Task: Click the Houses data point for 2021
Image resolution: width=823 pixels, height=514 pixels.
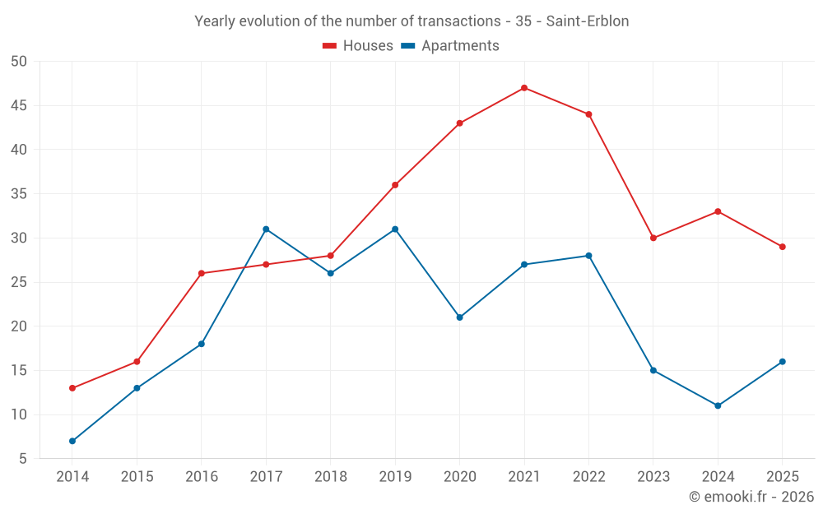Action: click(524, 88)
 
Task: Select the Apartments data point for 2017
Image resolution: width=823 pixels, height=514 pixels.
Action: click(266, 229)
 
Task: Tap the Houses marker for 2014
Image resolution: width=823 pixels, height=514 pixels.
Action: click(72, 388)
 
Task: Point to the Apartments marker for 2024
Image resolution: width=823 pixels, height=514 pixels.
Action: click(718, 406)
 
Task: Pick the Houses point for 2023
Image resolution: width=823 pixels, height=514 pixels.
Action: click(653, 238)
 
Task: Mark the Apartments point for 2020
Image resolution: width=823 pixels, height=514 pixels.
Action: click(460, 317)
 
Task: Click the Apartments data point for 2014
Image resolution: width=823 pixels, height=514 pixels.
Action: click(72, 441)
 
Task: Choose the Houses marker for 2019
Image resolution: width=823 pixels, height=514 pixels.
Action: click(395, 185)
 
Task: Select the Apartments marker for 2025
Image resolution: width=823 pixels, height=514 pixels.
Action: click(783, 362)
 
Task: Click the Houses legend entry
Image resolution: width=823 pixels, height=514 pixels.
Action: click(358, 45)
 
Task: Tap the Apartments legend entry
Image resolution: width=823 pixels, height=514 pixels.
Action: click(450, 45)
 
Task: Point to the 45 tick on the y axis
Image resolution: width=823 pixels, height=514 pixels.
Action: click(18, 106)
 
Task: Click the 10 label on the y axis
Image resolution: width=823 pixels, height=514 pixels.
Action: click(18, 414)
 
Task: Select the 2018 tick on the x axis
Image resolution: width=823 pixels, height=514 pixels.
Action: click(331, 476)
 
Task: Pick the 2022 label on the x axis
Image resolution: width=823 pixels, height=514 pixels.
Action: click(589, 476)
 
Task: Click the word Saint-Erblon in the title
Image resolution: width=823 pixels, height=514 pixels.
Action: click(588, 21)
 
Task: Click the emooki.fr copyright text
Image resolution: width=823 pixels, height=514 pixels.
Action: click(751, 497)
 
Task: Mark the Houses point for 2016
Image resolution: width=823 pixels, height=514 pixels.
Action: click(202, 273)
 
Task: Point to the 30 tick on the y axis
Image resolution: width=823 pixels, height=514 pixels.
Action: click(18, 238)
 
